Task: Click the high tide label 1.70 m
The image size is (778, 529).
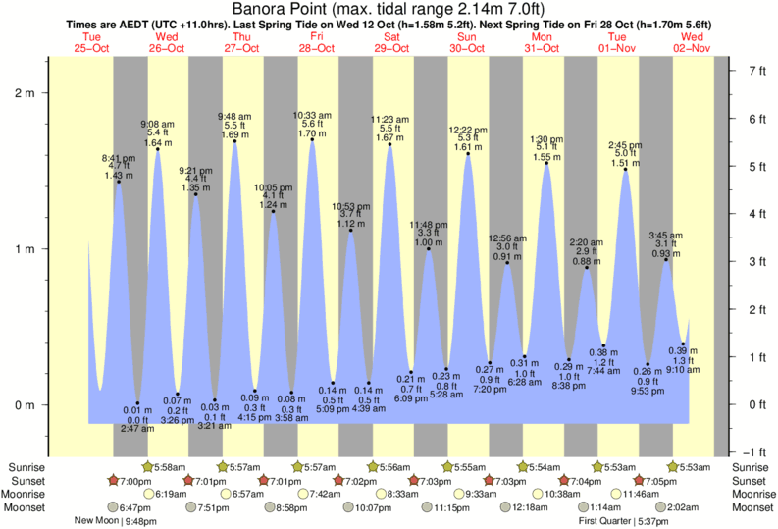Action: coord(312,133)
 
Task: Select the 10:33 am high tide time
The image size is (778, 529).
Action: coord(312,115)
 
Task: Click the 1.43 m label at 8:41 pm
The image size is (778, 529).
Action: coord(119,175)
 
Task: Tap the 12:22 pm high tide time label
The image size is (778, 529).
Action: coord(467,130)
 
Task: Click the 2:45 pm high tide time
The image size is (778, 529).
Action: coord(625,144)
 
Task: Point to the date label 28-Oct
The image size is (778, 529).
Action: coord(316,47)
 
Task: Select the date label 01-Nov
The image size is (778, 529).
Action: coord(618,47)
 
